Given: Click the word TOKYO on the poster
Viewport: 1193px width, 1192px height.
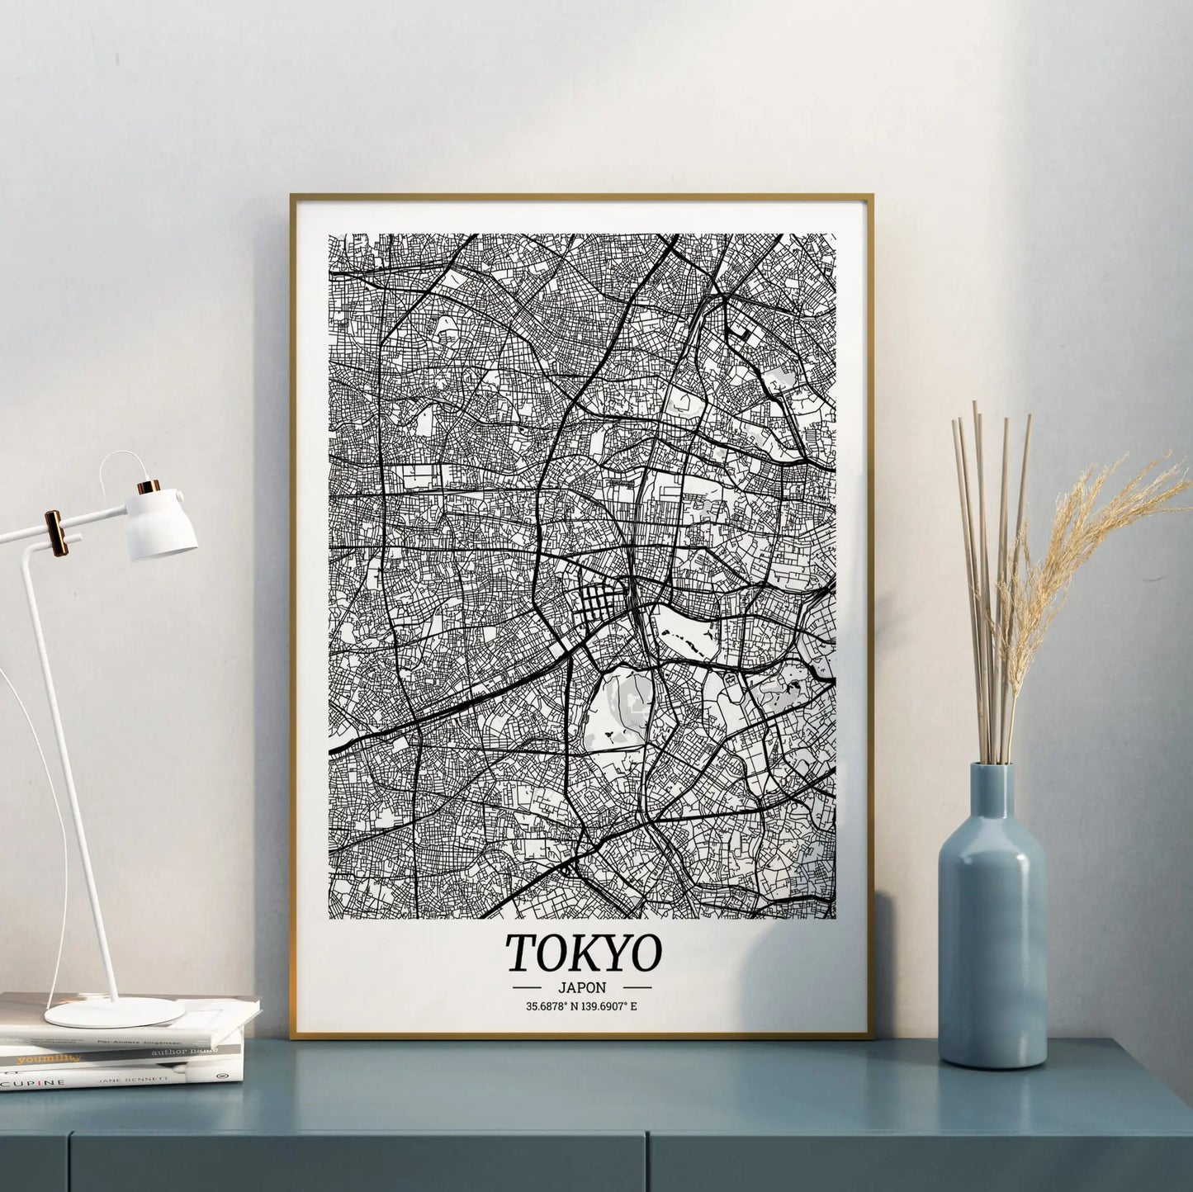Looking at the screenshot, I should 583,952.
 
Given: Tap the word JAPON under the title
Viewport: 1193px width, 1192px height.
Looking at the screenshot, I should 583,986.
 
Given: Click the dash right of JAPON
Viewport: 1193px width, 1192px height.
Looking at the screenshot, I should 637,986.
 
